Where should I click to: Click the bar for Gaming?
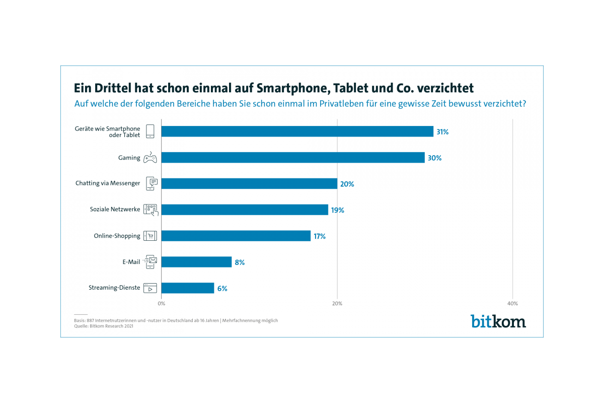293,158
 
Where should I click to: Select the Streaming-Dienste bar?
188,288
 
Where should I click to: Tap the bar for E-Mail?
196,262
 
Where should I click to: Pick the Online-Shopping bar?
236,236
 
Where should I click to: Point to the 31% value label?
442,132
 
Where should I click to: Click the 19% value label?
338,210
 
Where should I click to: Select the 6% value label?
222,289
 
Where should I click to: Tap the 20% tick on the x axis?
337,304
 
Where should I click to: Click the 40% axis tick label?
512,304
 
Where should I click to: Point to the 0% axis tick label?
162,304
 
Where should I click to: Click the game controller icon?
150,158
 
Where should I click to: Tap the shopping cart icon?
150,236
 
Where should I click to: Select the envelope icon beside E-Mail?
150,261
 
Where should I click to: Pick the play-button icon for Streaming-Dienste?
150,288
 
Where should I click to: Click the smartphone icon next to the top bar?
150,131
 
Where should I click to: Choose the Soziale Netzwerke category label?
115,210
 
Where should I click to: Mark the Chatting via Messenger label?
108,183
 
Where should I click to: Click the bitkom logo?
498,321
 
